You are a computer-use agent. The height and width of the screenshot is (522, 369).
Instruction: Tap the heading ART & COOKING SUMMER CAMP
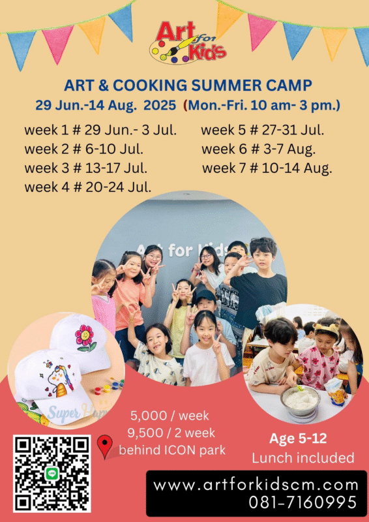pyautogui.click(x=188, y=85)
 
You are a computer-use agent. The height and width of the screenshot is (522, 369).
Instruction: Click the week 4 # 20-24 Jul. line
pyautogui.click(x=88, y=187)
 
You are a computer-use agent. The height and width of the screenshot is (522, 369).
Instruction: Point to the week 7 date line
pyautogui.click(x=267, y=168)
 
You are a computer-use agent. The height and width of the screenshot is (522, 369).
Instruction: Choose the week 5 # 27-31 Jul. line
pyautogui.click(x=262, y=129)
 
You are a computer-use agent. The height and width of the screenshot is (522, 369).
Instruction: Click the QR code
pyautogui.click(x=52, y=473)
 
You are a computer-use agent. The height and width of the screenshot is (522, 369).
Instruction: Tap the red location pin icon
pyautogui.click(x=104, y=447)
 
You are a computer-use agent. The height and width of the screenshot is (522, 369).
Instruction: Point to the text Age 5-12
pyautogui.click(x=298, y=438)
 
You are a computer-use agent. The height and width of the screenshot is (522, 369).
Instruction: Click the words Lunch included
pyautogui.click(x=303, y=458)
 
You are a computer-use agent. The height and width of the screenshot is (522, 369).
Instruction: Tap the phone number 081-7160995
pyautogui.click(x=303, y=502)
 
